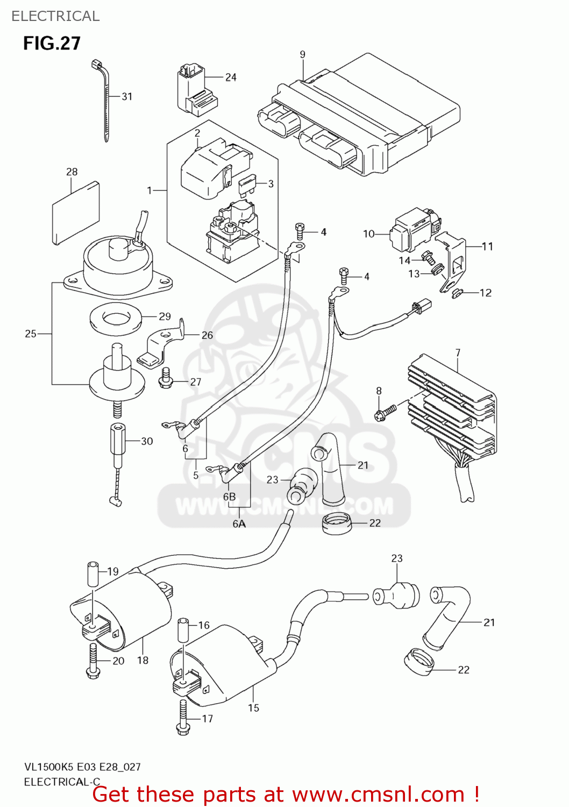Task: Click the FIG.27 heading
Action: [52, 43]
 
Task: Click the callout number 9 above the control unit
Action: [302, 54]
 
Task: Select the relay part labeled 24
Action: [194, 90]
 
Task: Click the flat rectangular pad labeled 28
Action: [76, 213]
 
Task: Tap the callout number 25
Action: [31, 334]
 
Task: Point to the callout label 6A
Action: [239, 523]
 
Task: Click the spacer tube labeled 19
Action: [93, 574]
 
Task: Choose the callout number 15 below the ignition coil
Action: [253, 708]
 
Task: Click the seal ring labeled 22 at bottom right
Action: [419, 661]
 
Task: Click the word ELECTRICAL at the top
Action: [55, 16]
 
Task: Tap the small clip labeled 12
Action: [458, 293]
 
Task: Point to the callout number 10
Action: [368, 233]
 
